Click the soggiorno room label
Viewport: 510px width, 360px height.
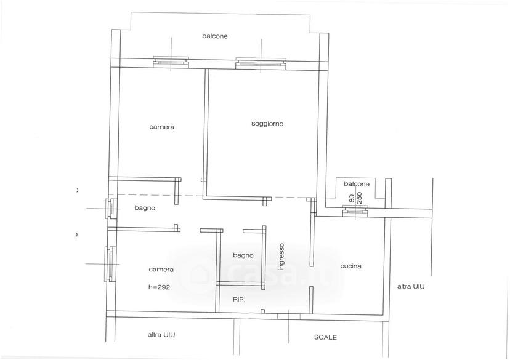pyautogui.click(x=267, y=124)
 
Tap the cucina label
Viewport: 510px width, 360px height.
pyautogui.click(x=350, y=266)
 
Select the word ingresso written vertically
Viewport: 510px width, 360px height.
pyautogui.click(x=281, y=257)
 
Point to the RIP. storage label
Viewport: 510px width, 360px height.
pyautogui.click(x=239, y=300)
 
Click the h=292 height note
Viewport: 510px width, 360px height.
pyautogui.click(x=159, y=287)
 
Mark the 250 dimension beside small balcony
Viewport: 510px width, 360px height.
pyautogui.click(x=360, y=197)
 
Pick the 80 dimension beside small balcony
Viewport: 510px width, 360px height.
pyautogui.click(x=351, y=199)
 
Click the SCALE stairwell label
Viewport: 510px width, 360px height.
pyautogui.click(x=325, y=338)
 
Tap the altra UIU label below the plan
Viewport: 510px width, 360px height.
pyautogui.click(x=161, y=335)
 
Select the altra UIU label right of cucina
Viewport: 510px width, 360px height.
pyautogui.click(x=411, y=287)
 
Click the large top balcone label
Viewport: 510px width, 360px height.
pyautogui.click(x=215, y=36)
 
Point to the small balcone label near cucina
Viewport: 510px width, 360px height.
pyautogui.click(x=357, y=184)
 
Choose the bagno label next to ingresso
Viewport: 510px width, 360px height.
pyautogui.click(x=243, y=256)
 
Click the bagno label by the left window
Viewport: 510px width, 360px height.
pyautogui.click(x=145, y=208)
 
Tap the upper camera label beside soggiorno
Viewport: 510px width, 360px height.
pyautogui.click(x=161, y=127)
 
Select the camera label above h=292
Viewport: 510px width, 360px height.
pyautogui.click(x=161, y=270)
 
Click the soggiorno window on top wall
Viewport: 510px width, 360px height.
pyautogui.click(x=261, y=63)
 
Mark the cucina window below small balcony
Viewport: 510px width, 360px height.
pyautogui.click(x=355, y=211)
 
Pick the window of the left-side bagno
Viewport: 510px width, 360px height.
pyautogui.click(x=111, y=208)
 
